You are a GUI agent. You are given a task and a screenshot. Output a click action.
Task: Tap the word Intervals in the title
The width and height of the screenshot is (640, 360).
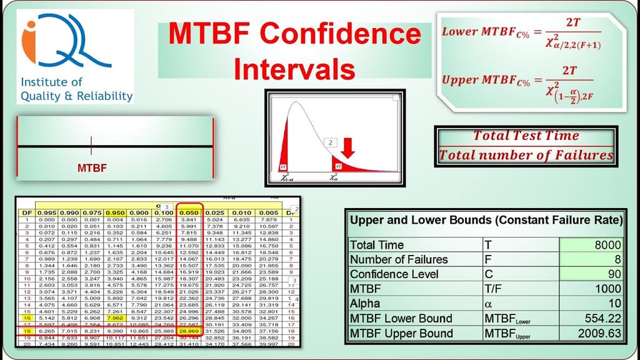tap(294, 67)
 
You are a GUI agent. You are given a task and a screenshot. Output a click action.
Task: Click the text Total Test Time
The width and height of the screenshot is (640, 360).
tap(526, 135)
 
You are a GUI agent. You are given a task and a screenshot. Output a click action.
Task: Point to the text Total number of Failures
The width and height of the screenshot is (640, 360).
tap(526, 155)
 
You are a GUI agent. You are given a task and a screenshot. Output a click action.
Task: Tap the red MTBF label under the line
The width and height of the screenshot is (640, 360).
tap(92, 168)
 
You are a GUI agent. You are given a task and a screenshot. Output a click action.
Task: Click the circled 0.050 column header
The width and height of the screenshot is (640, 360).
tap(189, 213)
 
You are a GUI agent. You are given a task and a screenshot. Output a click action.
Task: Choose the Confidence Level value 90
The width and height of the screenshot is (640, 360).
tap(614, 274)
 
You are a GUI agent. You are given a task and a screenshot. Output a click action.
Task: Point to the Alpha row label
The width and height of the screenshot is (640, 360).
tap(367, 304)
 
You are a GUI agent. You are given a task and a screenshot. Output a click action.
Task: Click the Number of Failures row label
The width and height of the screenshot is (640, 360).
tap(399, 259)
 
